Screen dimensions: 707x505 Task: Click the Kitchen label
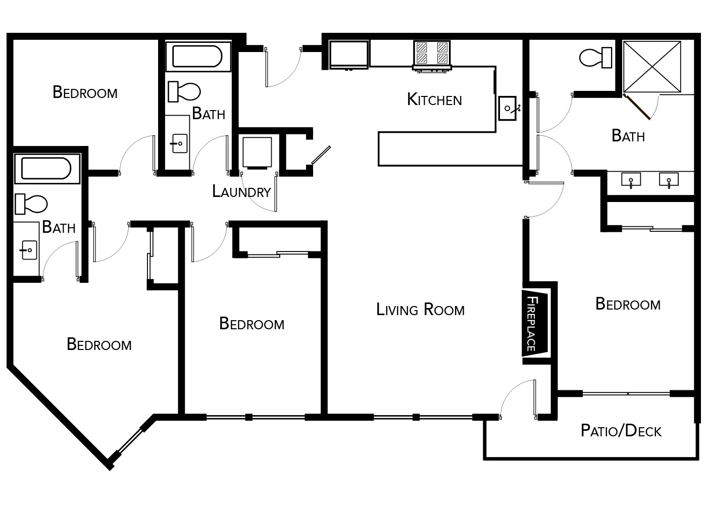click(x=434, y=99)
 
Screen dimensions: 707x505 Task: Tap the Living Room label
click(x=420, y=309)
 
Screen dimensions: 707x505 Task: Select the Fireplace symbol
click(x=535, y=324)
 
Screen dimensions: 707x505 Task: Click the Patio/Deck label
click(x=621, y=431)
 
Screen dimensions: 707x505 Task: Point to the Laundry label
click(x=241, y=191)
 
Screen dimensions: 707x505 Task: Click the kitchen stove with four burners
click(x=432, y=56)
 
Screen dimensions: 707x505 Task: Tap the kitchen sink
click(x=508, y=108)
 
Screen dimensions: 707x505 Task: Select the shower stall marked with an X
click(x=652, y=67)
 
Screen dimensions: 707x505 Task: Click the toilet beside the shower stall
click(x=595, y=58)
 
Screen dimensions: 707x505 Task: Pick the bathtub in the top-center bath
click(x=198, y=57)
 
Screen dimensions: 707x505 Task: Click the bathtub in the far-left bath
click(x=47, y=169)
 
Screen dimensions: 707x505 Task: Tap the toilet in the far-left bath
click(x=31, y=204)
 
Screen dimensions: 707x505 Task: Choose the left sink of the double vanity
click(x=631, y=180)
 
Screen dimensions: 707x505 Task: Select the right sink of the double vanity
click(x=669, y=180)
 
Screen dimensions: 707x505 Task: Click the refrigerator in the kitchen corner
click(x=348, y=55)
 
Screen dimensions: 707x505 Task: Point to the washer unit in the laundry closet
click(x=257, y=153)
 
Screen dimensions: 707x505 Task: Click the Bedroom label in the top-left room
click(x=85, y=92)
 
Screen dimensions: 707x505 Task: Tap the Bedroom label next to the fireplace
click(x=628, y=304)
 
